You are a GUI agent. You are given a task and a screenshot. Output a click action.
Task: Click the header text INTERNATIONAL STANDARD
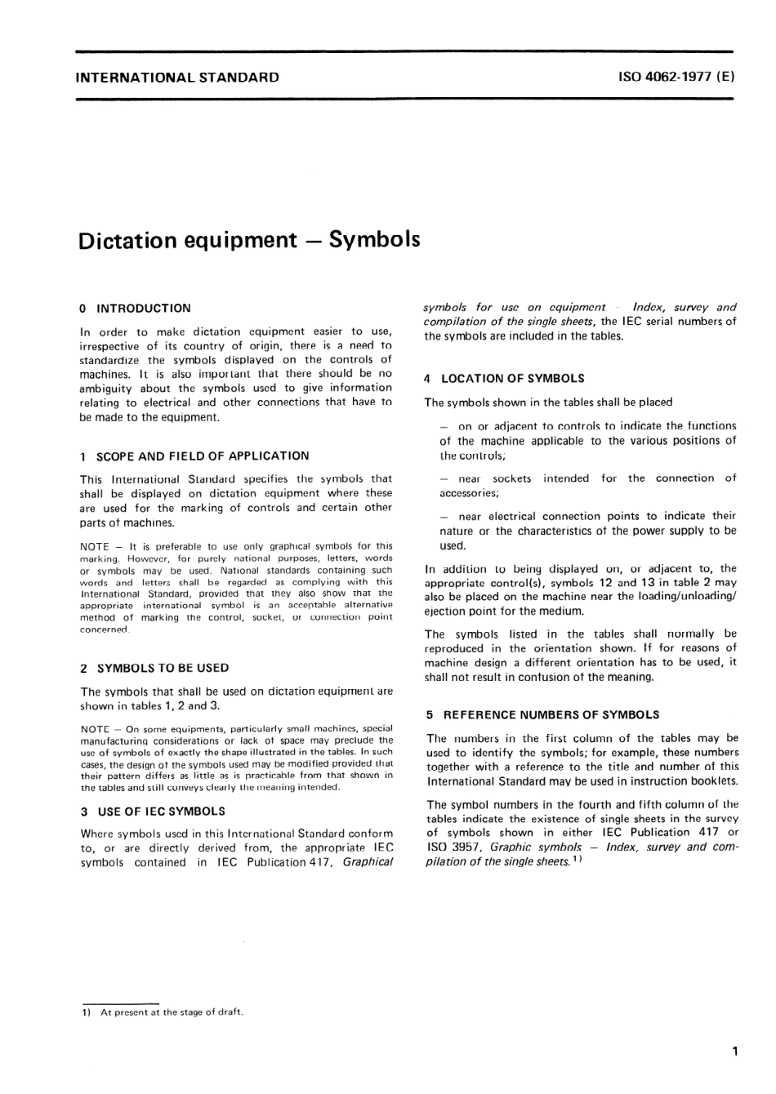point(176,78)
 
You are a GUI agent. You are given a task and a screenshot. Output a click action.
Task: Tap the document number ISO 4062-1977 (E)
point(676,78)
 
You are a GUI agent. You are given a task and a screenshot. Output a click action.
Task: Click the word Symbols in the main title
point(374,240)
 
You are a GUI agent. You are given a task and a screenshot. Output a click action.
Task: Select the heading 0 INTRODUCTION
point(136,309)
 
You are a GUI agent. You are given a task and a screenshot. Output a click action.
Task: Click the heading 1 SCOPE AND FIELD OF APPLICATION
point(194,456)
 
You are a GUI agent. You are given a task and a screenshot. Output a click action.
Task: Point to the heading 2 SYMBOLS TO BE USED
point(154,668)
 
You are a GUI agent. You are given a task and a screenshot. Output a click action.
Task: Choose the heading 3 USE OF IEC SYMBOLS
point(153,812)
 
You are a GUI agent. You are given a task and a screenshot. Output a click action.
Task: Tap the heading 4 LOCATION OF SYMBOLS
point(505,379)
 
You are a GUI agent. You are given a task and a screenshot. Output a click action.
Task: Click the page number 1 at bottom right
point(735,1052)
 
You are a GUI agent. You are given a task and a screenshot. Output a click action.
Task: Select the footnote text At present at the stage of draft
point(172,1012)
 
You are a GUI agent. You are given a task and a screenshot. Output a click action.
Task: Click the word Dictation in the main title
point(127,240)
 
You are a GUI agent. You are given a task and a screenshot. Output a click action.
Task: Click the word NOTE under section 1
point(95,546)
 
